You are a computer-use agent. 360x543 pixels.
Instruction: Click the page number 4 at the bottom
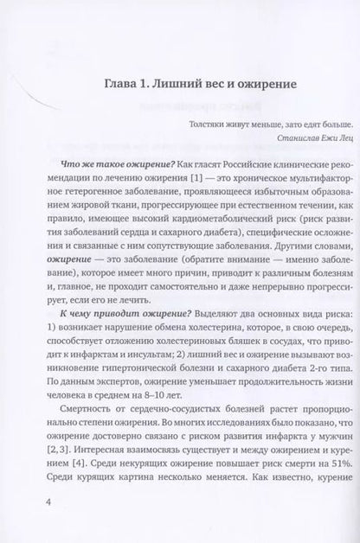[33, 501]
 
